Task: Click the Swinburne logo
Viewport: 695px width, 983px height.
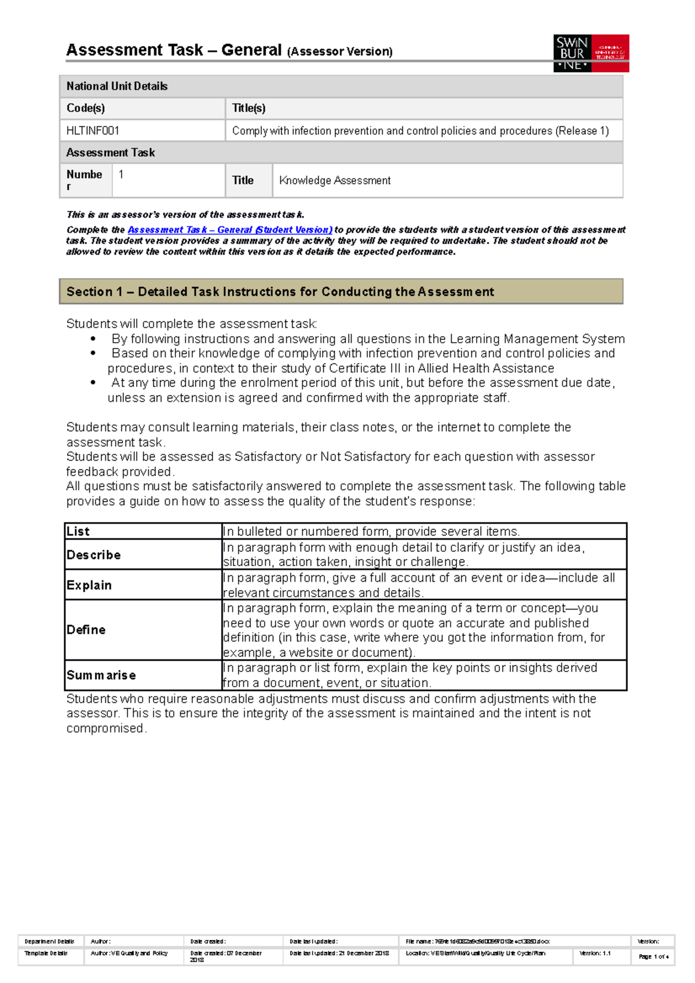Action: point(591,53)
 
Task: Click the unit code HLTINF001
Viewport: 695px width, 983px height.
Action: point(93,131)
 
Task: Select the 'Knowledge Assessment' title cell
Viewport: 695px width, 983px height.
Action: point(335,181)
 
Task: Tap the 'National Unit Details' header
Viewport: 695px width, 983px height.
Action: point(117,86)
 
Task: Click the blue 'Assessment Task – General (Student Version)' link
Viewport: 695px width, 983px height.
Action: point(229,230)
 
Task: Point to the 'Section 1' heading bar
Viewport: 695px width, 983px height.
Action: point(341,292)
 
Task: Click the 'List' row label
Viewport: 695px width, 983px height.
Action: point(78,531)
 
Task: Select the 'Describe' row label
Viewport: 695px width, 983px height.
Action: point(94,555)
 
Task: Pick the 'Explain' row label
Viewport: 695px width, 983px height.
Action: point(89,585)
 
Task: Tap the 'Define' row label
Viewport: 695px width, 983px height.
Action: point(86,630)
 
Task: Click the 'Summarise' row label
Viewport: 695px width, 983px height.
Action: point(101,676)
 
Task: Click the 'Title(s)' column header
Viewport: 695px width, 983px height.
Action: point(248,108)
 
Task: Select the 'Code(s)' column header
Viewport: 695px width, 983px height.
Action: point(86,108)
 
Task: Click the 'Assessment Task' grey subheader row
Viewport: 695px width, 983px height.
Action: point(111,153)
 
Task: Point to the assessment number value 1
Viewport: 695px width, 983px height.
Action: point(121,174)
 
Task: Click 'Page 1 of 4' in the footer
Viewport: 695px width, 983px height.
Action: point(653,957)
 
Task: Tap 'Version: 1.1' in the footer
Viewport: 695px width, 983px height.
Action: point(595,953)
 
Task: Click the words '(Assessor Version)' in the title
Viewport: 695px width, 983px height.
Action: point(340,52)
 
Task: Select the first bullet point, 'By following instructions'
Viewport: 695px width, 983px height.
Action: point(368,339)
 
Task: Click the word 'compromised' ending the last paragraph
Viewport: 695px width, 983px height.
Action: point(105,728)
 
